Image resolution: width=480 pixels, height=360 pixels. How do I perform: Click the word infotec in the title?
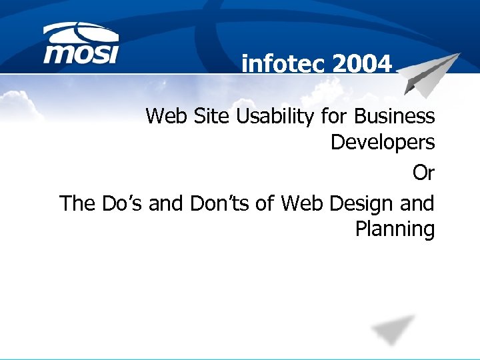[x=283, y=64]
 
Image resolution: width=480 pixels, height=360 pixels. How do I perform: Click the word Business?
[x=395, y=117]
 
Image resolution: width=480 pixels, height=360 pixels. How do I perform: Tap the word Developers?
[x=383, y=143]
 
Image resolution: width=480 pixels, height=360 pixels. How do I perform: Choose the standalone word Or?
[x=423, y=173]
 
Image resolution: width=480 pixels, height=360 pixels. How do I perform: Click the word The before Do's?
[x=78, y=203]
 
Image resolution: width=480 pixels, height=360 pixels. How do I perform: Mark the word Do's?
[x=123, y=203]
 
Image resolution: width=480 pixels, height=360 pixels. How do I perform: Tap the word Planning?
[x=395, y=230]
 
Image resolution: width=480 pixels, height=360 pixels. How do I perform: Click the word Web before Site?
[x=164, y=117]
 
